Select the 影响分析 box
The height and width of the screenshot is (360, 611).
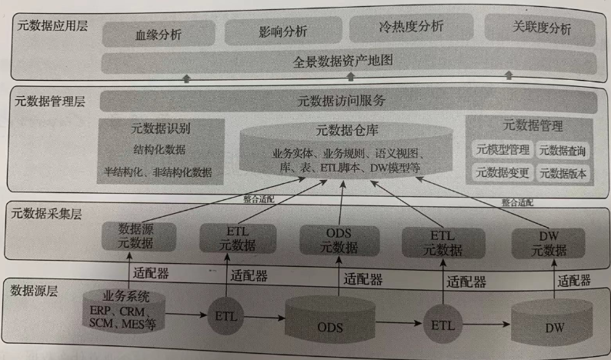tap(284, 31)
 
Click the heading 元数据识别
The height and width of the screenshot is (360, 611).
tap(161, 128)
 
